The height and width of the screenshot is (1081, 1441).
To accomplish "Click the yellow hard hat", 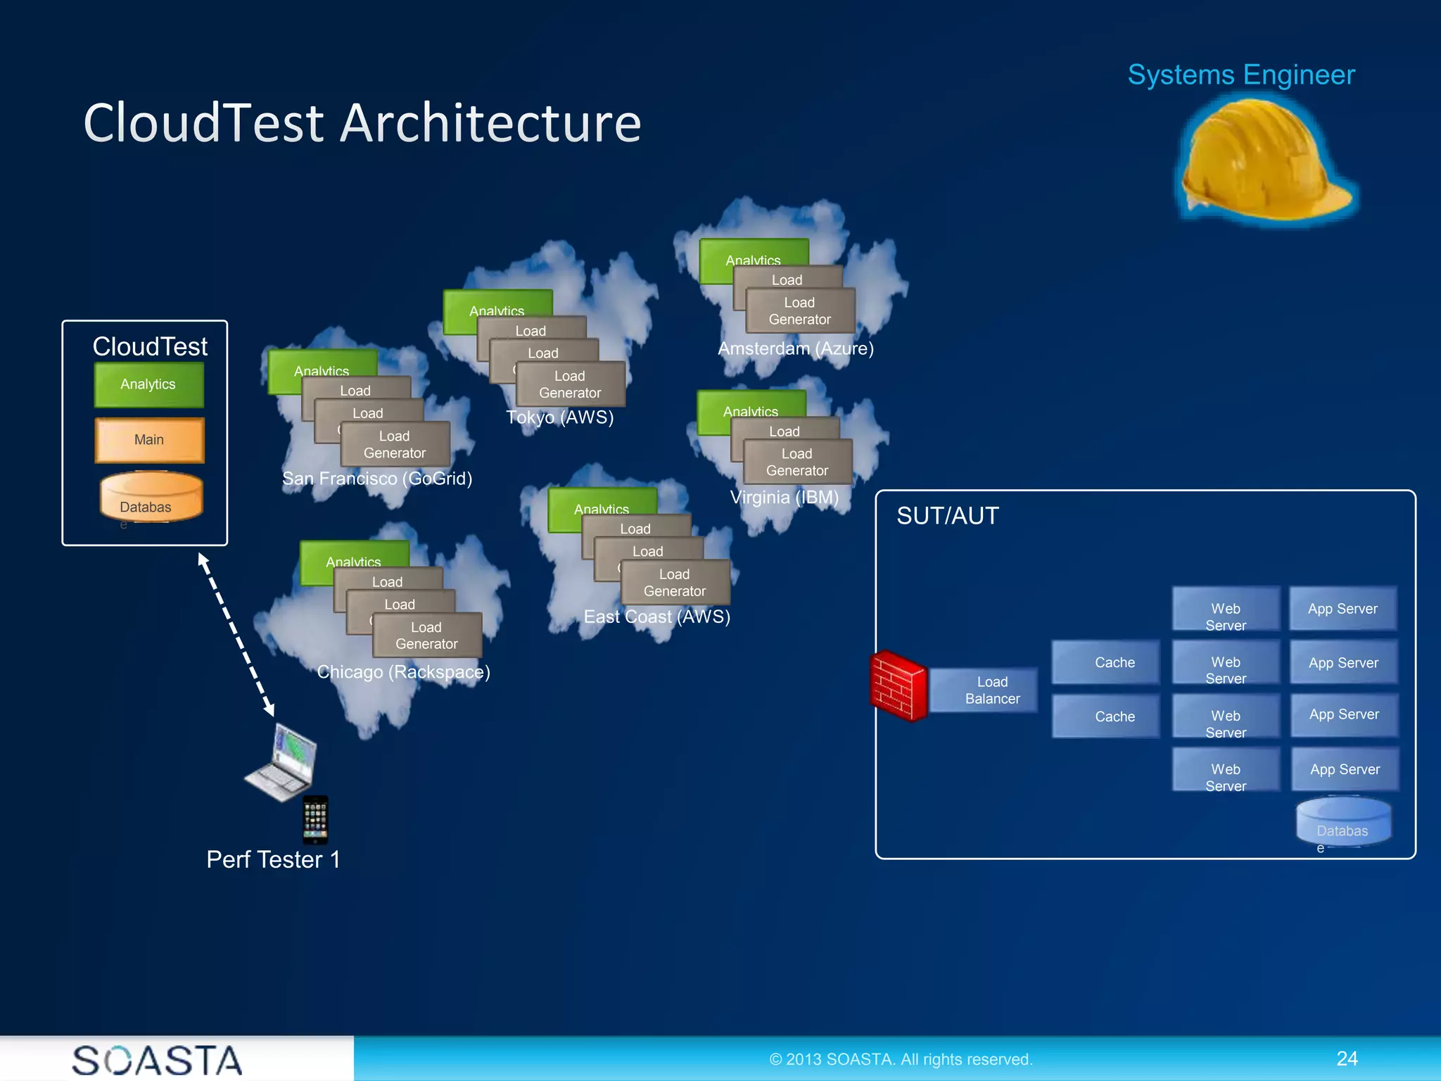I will [x=1263, y=160].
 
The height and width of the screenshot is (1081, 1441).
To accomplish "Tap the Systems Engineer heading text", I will [x=1240, y=75].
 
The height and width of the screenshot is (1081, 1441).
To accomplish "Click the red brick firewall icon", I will [x=898, y=685].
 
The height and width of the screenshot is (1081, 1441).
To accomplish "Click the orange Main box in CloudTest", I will [x=149, y=440].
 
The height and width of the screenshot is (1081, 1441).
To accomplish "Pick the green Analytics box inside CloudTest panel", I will [x=148, y=384].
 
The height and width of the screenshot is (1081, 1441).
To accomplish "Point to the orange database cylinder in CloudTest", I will [x=151, y=497].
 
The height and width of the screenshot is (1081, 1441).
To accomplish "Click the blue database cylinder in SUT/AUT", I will [x=1342, y=822].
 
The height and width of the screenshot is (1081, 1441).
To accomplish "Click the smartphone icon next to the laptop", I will [x=315, y=819].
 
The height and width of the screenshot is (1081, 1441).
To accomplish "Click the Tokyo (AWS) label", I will [x=559, y=417].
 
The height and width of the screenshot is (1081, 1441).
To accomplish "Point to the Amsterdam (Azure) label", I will [x=795, y=348].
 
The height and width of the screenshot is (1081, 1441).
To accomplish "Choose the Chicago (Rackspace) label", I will [x=403, y=671].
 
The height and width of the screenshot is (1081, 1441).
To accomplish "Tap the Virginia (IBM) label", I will [x=784, y=498].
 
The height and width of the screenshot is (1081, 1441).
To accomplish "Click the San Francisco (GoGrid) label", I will [x=376, y=479].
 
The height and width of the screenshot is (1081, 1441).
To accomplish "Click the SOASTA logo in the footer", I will [x=156, y=1060].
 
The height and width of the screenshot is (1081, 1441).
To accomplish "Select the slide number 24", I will [x=1347, y=1058].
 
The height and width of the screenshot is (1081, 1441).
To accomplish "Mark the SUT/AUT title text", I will [x=947, y=516].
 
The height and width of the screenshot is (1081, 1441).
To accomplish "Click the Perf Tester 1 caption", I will [x=273, y=859].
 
